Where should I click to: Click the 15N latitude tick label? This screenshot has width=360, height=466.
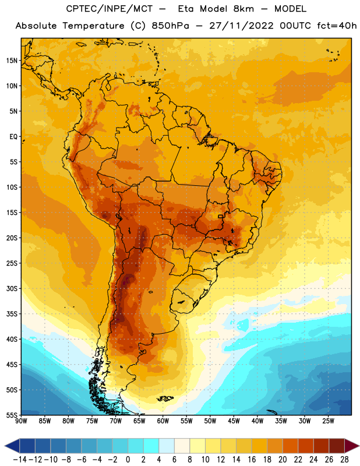pos(12,61)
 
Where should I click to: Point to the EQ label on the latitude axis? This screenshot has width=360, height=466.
pos(13,137)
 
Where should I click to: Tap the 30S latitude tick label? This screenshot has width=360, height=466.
pos(12,288)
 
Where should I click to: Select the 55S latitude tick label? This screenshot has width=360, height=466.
pos(12,415)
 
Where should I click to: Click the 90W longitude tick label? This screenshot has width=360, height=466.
pos(21,421)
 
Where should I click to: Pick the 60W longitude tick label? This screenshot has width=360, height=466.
pos(163,421)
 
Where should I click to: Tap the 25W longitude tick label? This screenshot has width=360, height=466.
pos(328,421)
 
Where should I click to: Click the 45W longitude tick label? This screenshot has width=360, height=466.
pos(234,421)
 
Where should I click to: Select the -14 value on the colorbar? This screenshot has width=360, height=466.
pos(20,460)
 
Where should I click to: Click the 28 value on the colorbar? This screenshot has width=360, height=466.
pos(344,460)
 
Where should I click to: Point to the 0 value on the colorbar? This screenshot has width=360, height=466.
pos(128,460)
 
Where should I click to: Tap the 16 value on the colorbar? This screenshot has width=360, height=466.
pos(252,460)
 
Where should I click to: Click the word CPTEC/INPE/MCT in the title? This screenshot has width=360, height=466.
pos(110,9)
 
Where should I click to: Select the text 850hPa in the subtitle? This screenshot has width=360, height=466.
pos(170,26)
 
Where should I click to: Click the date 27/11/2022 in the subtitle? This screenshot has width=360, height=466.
pos(241,26)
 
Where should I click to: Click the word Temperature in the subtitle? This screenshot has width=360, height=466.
pos(93,26)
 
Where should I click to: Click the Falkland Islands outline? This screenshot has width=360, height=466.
pos(165,398)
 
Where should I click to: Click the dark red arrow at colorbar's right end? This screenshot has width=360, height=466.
pos(351,446)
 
